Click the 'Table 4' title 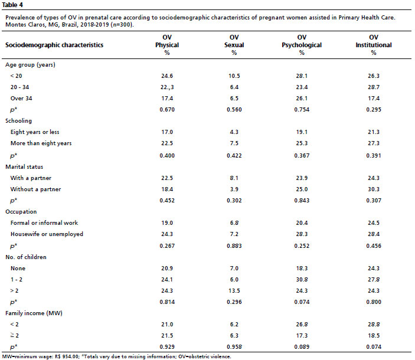click(x=12, y=5)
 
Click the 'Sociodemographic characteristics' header click(x=54, y=45)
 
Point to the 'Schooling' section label click(x=18, y=121)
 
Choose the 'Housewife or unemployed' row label click(x=47, y=234)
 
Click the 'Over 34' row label click(x=21, y=99)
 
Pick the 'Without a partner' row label click(x=36, y=189)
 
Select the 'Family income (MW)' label click(x=34, y=313)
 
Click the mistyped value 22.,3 click(x=167, y=87)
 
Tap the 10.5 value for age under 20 click(x=234, y=76)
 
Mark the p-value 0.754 click(x=302, y=110)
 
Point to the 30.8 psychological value click(x=302, y=280)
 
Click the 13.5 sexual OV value click(x=234, y=291)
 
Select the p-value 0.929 click(x=167, y=347)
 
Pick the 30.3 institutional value click(x=374, y=189)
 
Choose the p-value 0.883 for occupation click(x=234, y=246)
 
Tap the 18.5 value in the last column click(x=374, y=335)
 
